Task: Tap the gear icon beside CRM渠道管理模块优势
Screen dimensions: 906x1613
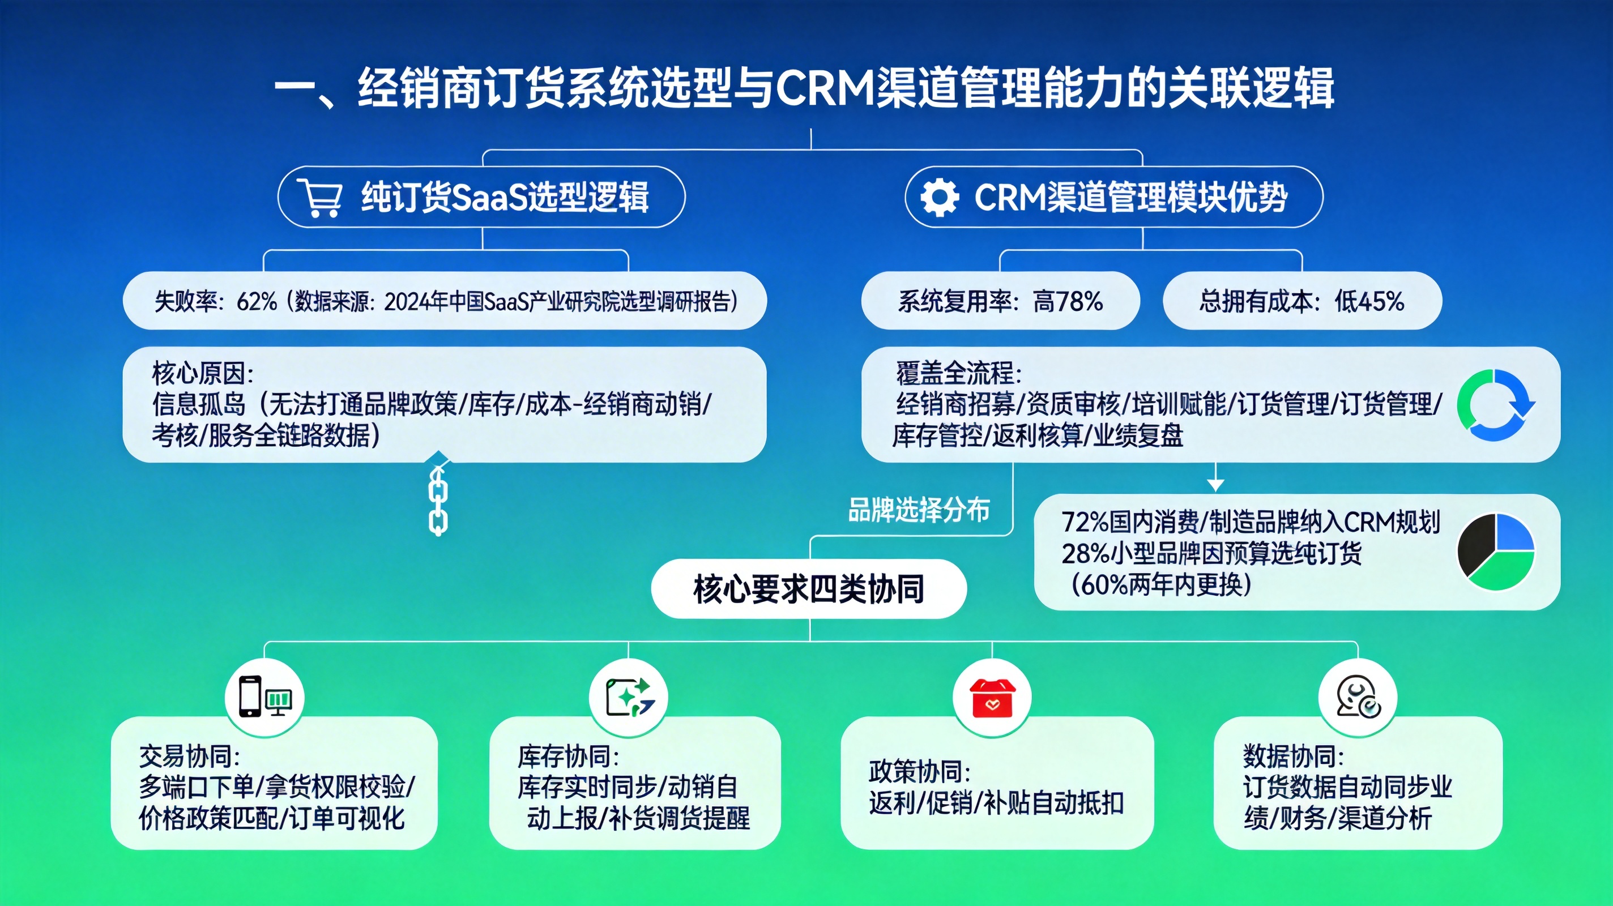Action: coord(939,197)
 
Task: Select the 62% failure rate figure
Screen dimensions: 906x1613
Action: coord(257,302)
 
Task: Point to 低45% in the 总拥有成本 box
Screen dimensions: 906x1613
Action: coord(1369,302)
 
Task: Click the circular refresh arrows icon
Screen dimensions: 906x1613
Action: coord(1495,404)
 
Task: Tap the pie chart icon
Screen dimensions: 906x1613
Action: coord(1495,552)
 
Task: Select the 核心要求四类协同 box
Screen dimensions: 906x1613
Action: coord(808,589)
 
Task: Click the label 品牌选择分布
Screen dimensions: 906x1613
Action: coord(919,510)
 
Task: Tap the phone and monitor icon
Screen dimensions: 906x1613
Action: coord(265,697)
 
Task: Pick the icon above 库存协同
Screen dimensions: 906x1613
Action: coord(629,697)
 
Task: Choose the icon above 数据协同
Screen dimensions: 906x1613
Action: coord(1358,697)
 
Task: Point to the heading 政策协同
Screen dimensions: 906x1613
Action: coord(919,771)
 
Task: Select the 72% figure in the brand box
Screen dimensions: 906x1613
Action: coord(1085,522)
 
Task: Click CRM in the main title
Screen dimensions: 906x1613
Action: coord(825,88)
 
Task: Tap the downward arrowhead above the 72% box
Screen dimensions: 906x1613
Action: coord(1215,485)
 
